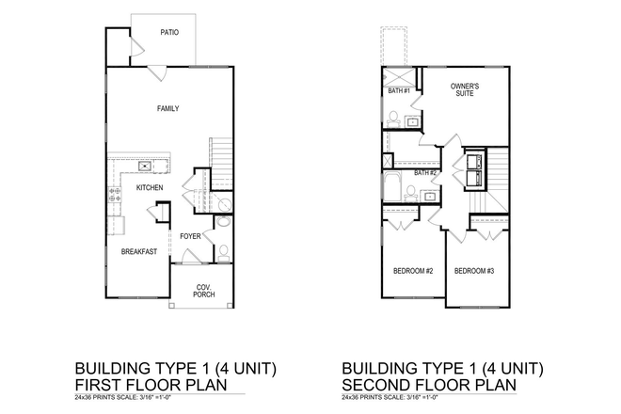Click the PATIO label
169,31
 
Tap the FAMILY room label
167,108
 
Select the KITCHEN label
150,188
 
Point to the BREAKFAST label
138,251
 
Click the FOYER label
190,235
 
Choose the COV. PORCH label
204,291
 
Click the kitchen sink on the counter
146,167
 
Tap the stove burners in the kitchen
116,196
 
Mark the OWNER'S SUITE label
465,90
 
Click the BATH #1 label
400,91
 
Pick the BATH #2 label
427,173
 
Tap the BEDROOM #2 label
413,271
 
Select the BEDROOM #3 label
474,271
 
